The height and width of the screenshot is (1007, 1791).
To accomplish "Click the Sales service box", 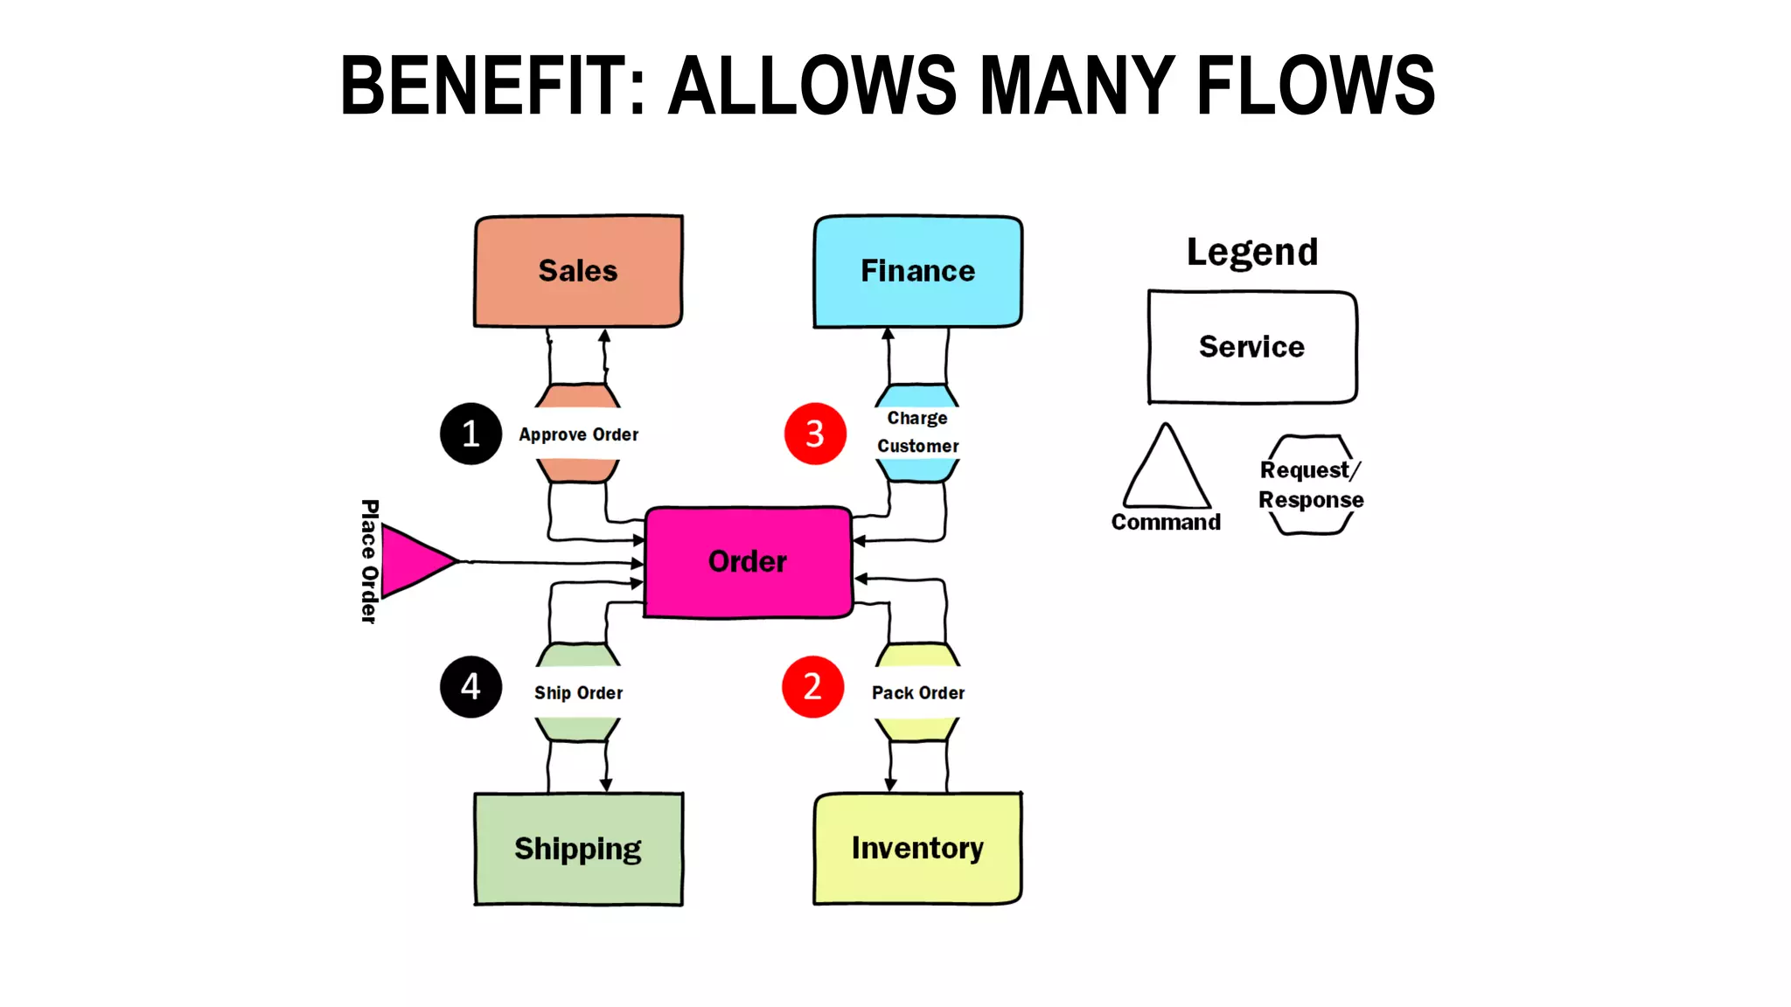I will click(578, 271).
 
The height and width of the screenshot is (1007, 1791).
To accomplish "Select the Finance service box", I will click(917, 271).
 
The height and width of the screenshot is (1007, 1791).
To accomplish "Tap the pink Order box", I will click(748, 562).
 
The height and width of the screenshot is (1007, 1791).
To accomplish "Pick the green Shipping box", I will click(578, 849).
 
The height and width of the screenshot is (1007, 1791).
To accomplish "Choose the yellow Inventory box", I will click(917, 848).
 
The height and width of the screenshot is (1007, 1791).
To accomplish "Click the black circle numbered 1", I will click(470, 434).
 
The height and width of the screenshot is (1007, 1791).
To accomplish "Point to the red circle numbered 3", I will click(815, 434).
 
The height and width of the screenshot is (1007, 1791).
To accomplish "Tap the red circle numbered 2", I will click(812, 687).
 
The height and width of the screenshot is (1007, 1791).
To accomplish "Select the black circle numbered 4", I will click(470, 687).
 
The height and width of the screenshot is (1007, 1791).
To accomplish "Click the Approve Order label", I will click(578, 434).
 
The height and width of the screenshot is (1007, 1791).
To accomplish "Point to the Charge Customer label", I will click(917, 432).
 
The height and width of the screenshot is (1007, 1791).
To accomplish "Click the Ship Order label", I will click(578, 692).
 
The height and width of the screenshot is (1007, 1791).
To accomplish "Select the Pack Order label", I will click(917, 692).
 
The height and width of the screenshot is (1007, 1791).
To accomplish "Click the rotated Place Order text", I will click(369, 561).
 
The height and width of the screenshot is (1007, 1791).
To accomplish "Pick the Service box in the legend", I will click(1251, 347).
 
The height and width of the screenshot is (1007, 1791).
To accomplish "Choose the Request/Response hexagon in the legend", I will click(1311, 485).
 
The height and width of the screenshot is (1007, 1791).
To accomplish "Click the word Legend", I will click(1251, 252).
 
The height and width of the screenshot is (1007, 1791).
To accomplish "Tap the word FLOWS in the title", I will click(1314, 86).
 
